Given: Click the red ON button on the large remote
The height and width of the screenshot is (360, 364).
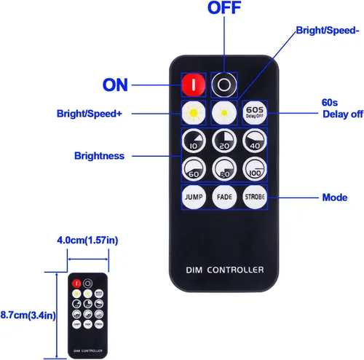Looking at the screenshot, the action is tap(194, 85).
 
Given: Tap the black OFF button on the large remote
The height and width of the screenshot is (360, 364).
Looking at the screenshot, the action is tap(224, 85).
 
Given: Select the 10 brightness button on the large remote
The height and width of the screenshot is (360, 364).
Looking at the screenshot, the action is tap(194, 141).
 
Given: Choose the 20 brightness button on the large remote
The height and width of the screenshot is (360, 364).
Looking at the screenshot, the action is tap(224, 141).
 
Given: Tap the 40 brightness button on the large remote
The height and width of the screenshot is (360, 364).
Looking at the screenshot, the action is tap(255, 141).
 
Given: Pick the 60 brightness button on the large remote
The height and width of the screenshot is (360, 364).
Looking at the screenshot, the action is tap(194, 169).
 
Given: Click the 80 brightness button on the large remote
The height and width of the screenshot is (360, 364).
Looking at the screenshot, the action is tap(224, 169).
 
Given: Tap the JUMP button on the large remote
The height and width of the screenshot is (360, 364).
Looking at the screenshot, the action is tap(194, 197).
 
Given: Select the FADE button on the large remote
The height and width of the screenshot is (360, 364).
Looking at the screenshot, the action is tap(224, 197).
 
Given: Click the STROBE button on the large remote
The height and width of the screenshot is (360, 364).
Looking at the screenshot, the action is tap(255, 197).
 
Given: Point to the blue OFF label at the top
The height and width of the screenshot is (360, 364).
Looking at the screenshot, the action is tap(224, 8).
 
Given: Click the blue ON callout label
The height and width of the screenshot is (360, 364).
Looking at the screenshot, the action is tap(115, 85).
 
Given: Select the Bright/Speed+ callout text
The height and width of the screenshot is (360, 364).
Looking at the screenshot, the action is tap(90, 114).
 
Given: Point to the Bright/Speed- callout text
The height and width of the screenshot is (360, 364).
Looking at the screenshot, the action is tap(328, 31).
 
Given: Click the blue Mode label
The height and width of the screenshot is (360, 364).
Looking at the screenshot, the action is tap(335, 197).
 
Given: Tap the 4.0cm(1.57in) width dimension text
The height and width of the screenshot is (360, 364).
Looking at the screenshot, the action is tap(87, 240).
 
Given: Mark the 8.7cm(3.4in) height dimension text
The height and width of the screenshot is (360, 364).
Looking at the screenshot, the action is tap(28, 315).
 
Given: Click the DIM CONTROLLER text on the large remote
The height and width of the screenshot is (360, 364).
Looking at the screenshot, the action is tap(225, 270).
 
